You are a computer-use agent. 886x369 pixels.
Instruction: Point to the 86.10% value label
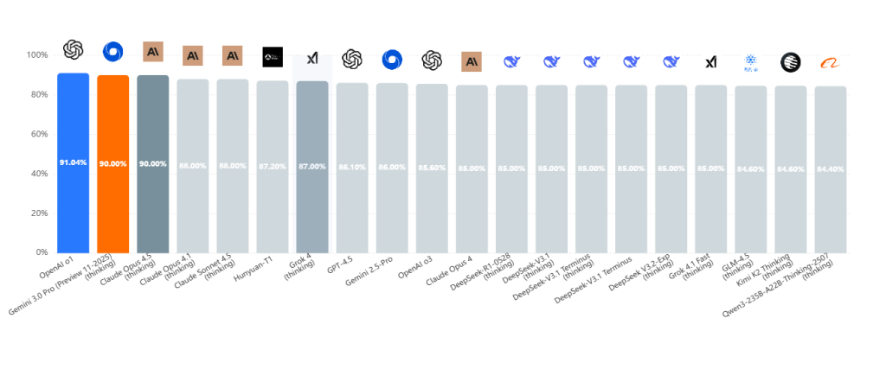tap(351, 167)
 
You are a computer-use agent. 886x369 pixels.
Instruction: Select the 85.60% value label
tap(432, 168)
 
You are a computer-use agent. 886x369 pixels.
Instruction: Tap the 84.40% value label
tap(830, 169)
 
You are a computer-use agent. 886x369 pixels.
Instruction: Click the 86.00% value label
tap(391, 167)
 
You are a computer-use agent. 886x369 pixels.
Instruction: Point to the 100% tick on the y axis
tap(37, 55)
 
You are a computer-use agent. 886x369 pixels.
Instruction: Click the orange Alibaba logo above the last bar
tap(830, 62)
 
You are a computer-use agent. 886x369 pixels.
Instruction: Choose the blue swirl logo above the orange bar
tap(112, 52)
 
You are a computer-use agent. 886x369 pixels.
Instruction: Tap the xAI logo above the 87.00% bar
tap(312, 57)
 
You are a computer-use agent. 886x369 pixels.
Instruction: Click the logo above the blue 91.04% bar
tap(73, 50)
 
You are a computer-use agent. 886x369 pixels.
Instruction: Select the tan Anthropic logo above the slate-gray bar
tap(153, 52)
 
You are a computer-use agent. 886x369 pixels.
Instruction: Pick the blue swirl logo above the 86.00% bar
tap(392, 60)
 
